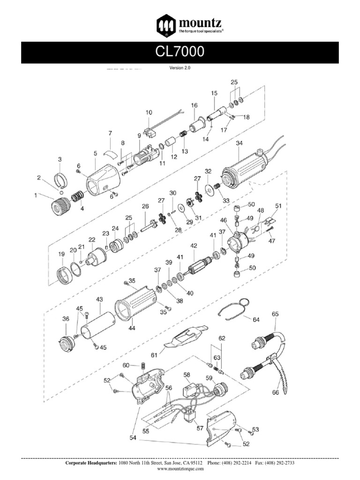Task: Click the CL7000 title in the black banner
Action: pos(180,52)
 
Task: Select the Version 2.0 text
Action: pos(180,67)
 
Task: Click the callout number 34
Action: pos(240,143)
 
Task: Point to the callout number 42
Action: pos(193,246)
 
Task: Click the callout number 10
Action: pos(149,112)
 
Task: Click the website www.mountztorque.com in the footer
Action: pos(180,468)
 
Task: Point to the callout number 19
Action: pos(61,254)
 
